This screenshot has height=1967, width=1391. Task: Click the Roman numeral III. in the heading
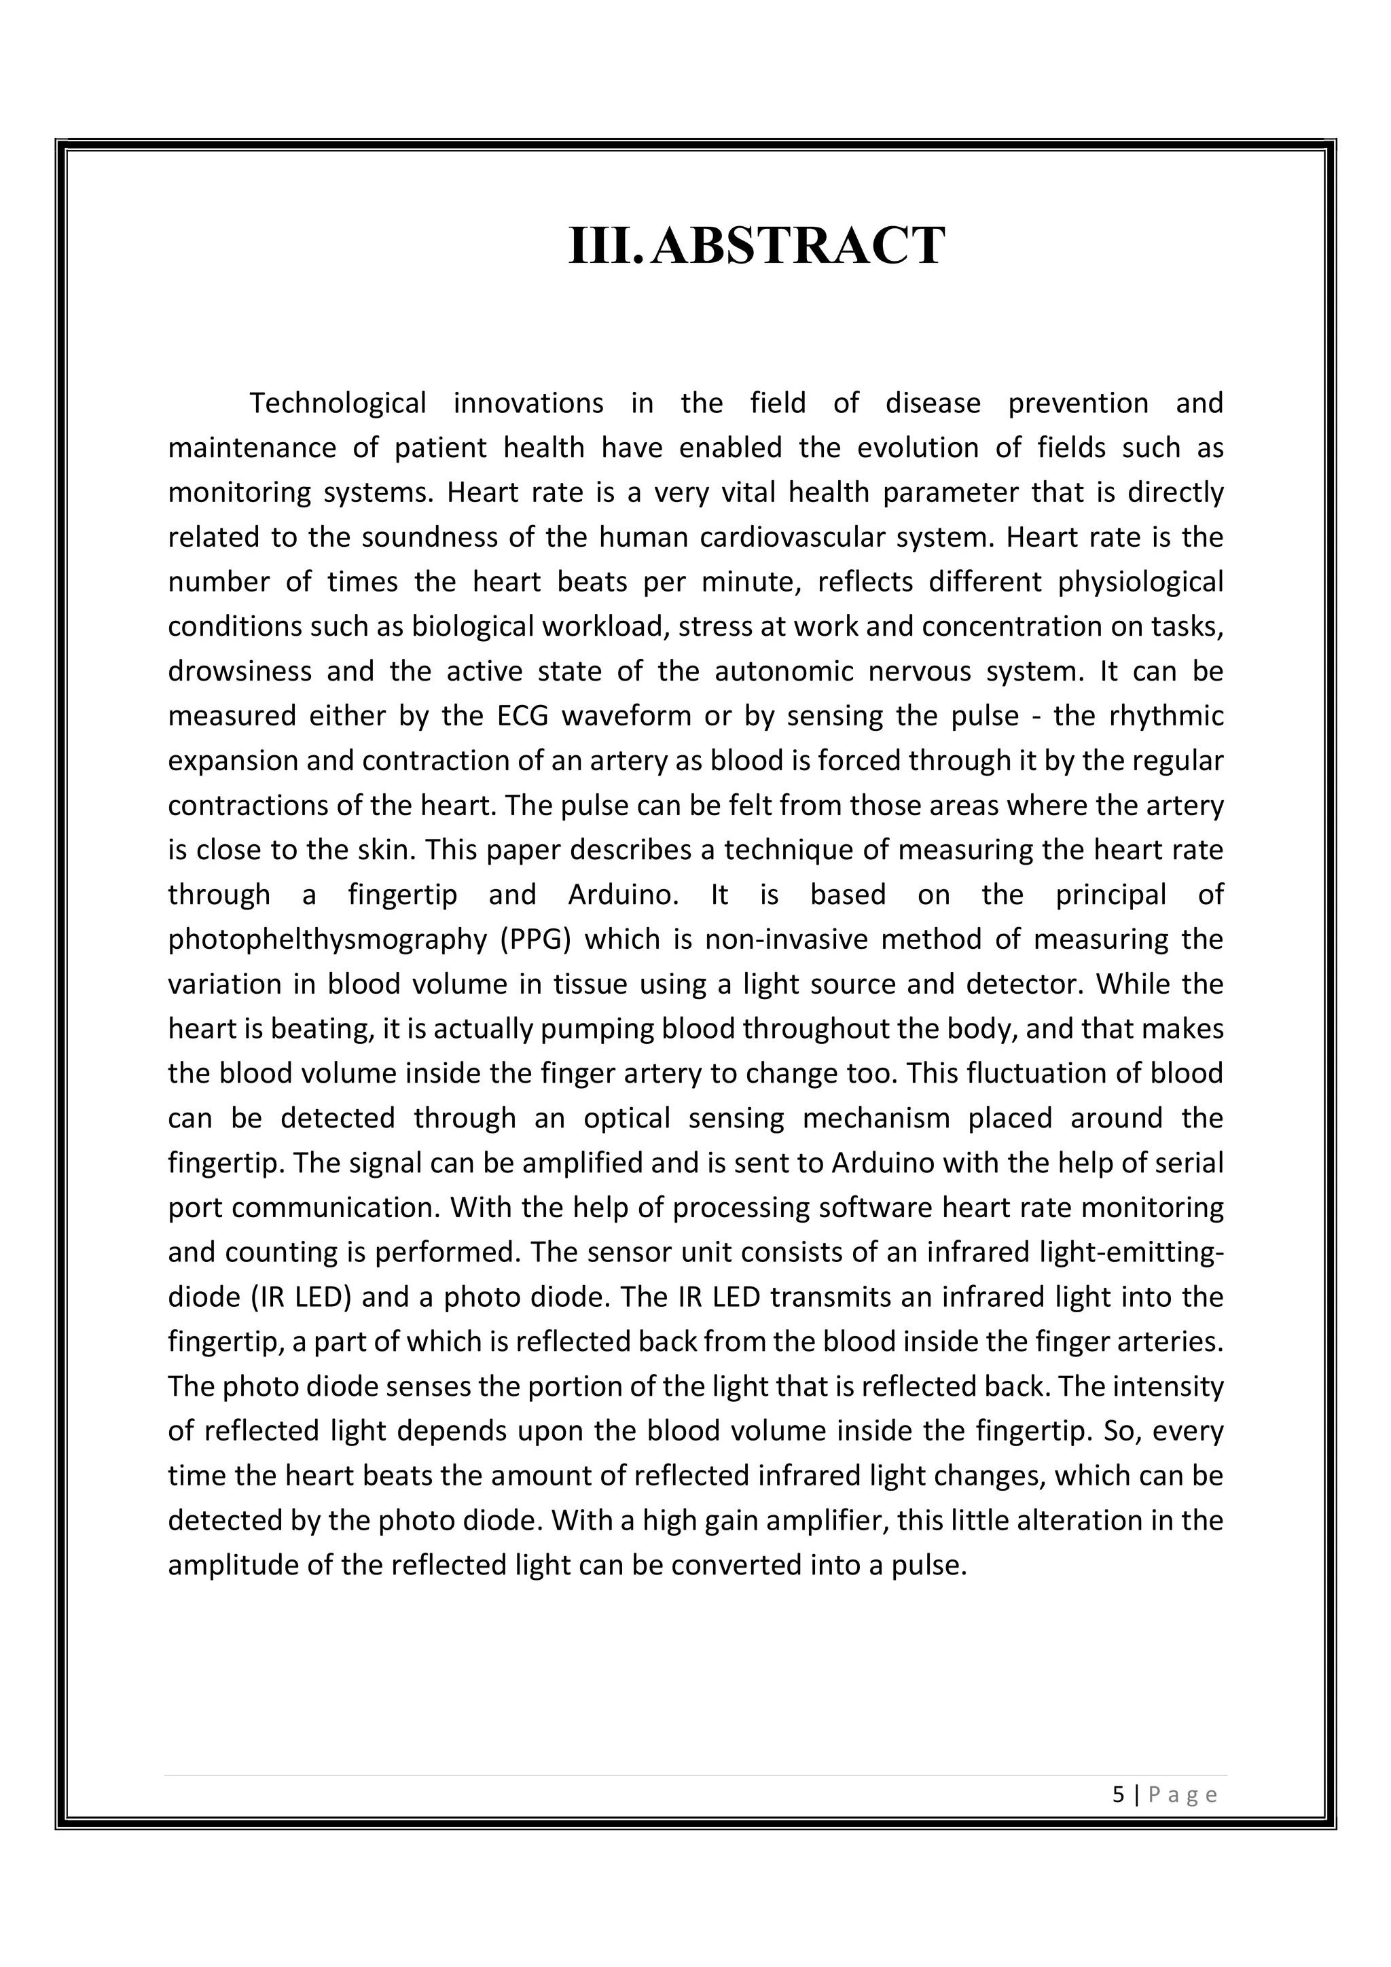point(604,246)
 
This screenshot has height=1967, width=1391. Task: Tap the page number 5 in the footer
point(1118,1794)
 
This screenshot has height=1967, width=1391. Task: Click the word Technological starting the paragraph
point(338,403)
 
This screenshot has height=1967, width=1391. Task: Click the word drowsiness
point(240,671)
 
